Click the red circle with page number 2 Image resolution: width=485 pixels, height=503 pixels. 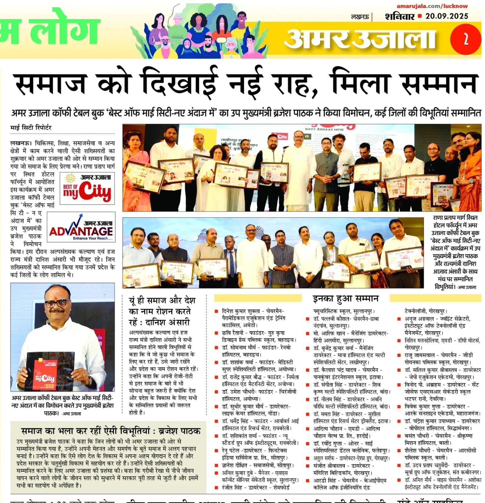point(466,40)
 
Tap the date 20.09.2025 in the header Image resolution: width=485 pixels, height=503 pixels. point(447,16)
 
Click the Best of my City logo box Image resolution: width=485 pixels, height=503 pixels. point(87,188)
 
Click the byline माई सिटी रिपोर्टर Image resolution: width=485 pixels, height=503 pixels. point(31,128)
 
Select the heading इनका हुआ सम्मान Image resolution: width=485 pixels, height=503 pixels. point(345,298)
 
